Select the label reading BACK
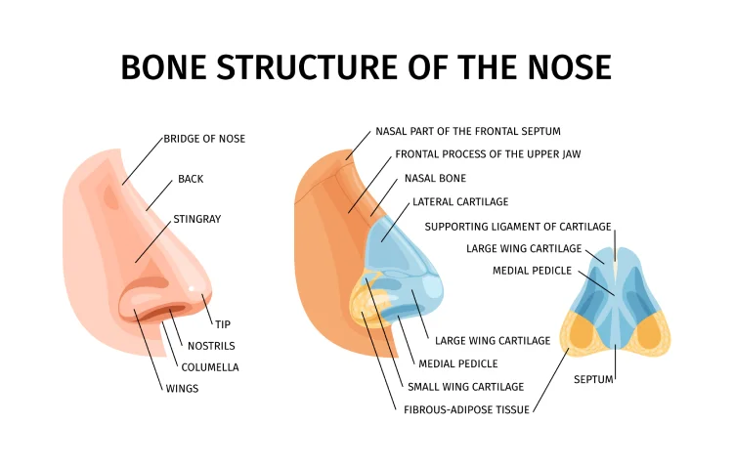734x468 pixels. [x=191, y=180]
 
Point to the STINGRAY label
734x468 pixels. [x=196, y=219]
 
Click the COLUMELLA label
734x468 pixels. [x=209, y=367]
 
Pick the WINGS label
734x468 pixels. [x=182, y=389]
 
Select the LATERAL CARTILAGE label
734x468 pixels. [x=460, y=201]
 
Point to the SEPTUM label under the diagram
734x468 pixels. [x=593, y=378]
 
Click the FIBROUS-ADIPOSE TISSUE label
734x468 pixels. [x=466, y=410]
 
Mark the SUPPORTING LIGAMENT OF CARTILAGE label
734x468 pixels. [x=519, y=226]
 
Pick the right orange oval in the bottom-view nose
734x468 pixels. [x=649, y=332]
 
